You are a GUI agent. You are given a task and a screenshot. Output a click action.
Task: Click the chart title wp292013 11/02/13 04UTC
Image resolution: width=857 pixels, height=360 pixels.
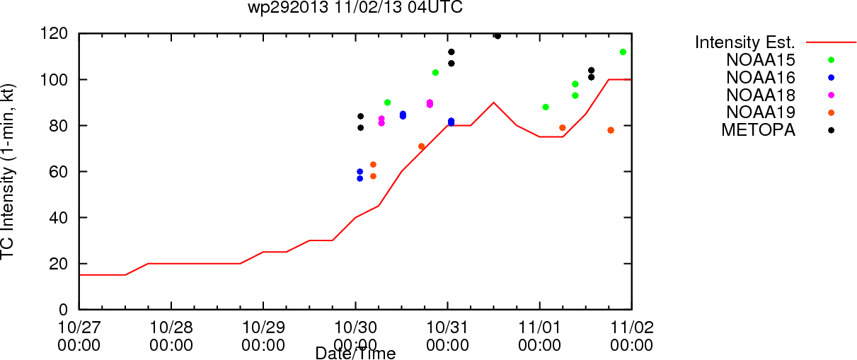355,7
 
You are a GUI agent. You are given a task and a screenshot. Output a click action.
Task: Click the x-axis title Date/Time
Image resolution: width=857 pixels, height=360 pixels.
355,353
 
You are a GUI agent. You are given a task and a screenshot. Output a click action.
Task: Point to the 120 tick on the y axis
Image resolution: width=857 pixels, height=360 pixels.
54,34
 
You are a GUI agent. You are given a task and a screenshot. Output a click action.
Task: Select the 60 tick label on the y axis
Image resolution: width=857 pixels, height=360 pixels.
58,172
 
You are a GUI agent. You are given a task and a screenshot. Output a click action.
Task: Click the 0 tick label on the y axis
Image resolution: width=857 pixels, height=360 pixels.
63,310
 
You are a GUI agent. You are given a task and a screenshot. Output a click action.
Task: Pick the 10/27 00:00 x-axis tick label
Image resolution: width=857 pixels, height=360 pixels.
79,336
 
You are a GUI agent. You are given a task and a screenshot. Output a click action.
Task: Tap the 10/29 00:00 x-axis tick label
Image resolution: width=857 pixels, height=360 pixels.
263,336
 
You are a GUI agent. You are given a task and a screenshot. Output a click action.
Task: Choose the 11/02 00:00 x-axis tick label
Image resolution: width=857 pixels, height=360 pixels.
632,336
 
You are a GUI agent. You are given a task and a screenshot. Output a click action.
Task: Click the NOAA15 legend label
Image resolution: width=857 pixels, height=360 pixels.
761,60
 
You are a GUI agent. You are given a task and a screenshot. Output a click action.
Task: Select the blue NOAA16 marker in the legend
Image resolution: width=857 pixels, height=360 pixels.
831,78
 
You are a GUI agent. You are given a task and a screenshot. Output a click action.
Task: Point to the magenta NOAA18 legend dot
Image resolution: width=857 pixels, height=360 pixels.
831,95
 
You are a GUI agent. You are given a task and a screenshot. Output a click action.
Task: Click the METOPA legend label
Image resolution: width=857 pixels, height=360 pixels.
759,130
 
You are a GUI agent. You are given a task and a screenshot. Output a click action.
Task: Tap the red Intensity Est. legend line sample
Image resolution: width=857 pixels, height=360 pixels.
831,42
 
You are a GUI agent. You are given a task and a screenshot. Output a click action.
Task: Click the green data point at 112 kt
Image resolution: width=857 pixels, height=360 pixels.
623,52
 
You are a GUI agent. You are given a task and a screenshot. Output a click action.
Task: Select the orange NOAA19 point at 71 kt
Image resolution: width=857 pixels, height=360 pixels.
422,146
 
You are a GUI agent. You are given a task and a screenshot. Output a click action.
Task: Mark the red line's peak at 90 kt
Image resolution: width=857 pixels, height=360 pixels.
493,103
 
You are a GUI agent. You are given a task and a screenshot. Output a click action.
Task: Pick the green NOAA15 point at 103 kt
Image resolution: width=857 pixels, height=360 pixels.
435,73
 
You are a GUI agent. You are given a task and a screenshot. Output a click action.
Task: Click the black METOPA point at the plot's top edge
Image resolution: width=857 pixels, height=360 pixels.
497,36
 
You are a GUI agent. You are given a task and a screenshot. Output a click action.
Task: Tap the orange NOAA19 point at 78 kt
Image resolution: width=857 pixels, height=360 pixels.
611,130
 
